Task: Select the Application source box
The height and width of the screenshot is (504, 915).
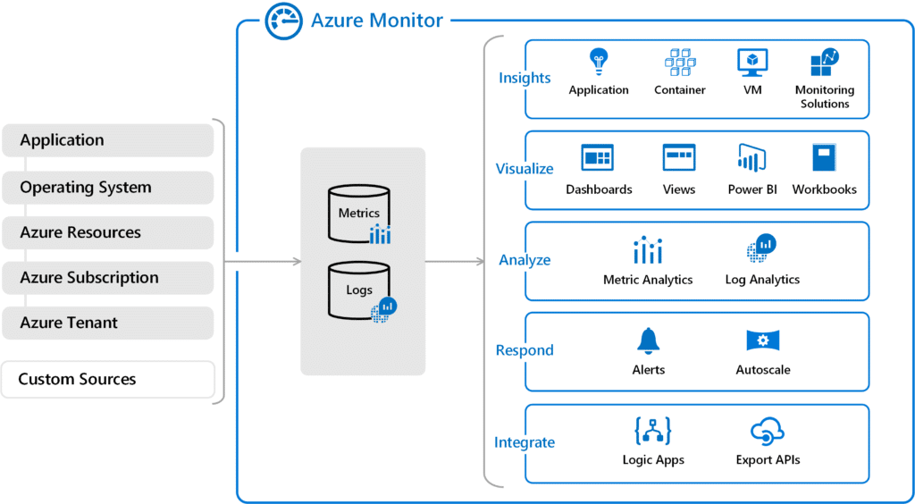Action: tap(107, 140)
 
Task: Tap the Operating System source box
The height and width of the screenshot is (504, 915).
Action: tap(107, 188)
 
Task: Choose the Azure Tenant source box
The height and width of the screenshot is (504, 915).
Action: tap(107, 323)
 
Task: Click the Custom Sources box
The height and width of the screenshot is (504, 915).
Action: tap(107, 379)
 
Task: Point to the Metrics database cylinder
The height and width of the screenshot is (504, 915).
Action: tap(357, 214)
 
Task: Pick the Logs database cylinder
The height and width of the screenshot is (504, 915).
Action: tap(357, 290)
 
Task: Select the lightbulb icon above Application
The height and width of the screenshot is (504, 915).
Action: tap(599, 63)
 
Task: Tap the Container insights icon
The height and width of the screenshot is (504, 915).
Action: tap(680, 63)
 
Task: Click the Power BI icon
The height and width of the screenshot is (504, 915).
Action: tap(751, 158)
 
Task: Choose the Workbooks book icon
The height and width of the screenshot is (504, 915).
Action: tap(824, 158)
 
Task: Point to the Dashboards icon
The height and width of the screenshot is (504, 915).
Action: tap(598, 158)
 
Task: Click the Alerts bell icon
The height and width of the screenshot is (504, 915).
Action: tap(648, 340)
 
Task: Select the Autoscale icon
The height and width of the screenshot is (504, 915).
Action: tap(763, 340)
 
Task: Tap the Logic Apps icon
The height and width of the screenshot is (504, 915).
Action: tap(653, 432)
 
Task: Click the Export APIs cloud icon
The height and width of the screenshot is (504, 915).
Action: tap(767, 432)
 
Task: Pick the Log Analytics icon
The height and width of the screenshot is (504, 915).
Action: tap(762, 248)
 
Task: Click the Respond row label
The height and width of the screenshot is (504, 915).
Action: tap(525, 350)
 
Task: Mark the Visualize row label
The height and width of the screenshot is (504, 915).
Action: tap(525, 169)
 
